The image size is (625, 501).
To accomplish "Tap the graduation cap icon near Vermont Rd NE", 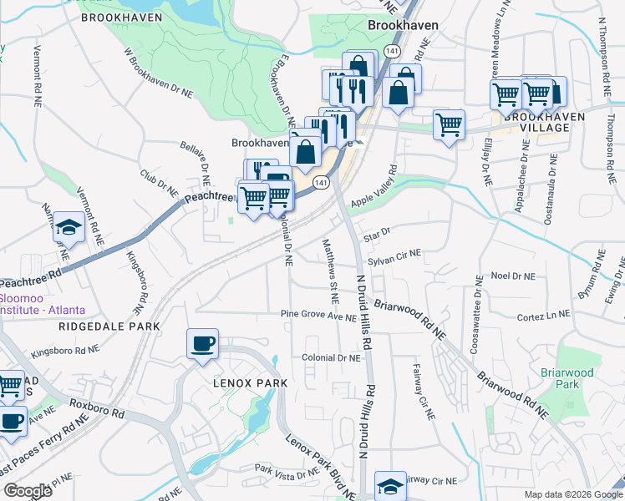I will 67,227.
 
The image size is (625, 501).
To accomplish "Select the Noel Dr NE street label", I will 517,275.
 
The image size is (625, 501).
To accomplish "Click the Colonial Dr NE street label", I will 332,357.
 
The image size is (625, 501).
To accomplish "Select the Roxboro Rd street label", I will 97,412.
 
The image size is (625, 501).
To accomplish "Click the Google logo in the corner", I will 28,491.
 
